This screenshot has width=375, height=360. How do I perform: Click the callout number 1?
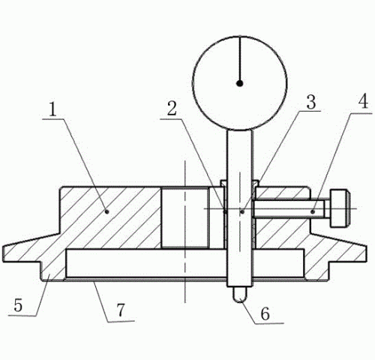[x=52, y=109]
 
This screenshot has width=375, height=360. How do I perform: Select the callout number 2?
[x=172, y=108]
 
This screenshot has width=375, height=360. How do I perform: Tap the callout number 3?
[x=311, y=102]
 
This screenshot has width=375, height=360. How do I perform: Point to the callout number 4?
[x=363, y=101]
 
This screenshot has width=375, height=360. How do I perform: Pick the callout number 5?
[x=18, y=305]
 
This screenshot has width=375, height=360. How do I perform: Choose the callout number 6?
[x=265, y=313]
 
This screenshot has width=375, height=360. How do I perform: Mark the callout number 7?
[x=121, y=310]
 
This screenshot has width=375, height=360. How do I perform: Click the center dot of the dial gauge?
[x=240, y=83]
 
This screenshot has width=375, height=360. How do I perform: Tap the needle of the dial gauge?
[x=240, y=60]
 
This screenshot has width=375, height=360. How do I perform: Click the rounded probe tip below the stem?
[x=240, y=295]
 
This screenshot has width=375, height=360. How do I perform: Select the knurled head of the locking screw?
[x=340, y=208]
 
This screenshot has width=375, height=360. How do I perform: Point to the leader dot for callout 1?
[x=107, y=211]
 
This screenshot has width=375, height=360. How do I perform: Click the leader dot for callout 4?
[x=312, y=211]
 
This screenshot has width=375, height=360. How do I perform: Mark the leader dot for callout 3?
[x=242, y=211]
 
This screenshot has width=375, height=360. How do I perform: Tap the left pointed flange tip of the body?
[x=4, y=253]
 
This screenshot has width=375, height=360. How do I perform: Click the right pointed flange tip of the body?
[x=366, y=253]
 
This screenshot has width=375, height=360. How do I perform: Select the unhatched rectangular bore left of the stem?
[x=184, y=217]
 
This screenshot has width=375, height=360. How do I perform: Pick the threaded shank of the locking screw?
[x=291, y=208]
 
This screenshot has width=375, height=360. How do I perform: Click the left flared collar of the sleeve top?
[x=223, y=183]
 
